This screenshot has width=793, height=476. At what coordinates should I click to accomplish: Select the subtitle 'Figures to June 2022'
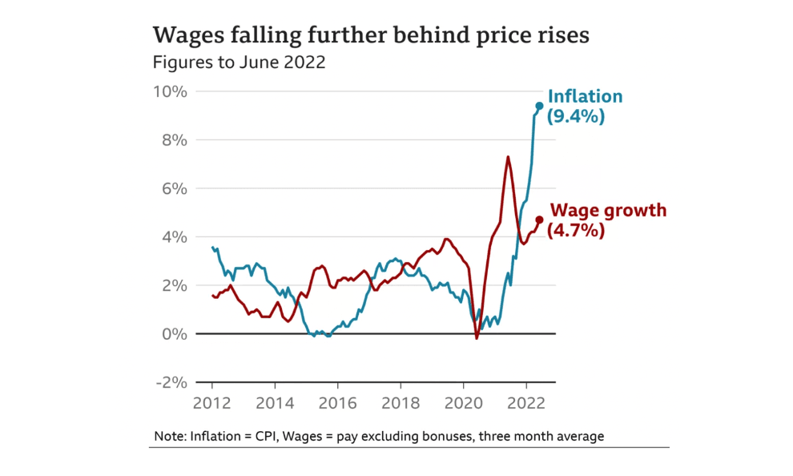(239, 62)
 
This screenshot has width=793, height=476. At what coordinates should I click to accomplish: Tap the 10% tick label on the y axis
(169, 91)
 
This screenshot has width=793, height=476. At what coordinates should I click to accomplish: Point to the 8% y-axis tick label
(174, 140)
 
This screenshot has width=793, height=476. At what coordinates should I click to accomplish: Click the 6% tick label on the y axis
(174, 188)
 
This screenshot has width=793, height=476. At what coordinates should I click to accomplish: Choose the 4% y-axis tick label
(174, 237)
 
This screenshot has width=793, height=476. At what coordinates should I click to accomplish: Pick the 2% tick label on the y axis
(174, 285)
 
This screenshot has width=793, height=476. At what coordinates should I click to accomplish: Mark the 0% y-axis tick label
(174, 333)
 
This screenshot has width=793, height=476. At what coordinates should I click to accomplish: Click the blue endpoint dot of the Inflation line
(539, 106)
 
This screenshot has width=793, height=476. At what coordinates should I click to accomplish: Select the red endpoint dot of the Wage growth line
(539, 220)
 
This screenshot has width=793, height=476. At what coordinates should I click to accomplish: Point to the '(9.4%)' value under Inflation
(575, 116)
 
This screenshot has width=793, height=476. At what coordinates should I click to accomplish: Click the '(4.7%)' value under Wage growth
(575, 231)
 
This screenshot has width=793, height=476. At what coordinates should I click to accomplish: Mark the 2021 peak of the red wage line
(508, 156)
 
